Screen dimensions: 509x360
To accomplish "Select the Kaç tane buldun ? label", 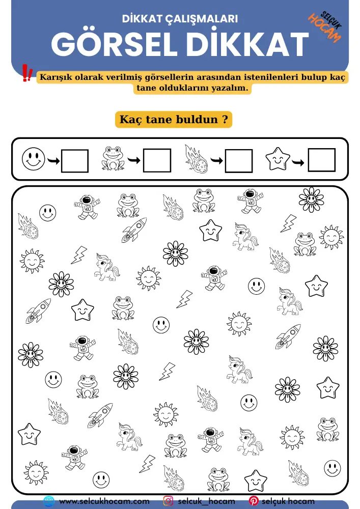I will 173,120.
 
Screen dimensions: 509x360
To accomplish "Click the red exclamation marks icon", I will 27,73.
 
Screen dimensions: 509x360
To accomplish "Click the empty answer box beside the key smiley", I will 75,161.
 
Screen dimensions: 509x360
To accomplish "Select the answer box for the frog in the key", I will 157,161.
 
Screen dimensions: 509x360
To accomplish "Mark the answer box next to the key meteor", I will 239,161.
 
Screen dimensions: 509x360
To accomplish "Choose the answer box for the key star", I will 322,161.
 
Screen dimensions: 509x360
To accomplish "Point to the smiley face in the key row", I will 34,159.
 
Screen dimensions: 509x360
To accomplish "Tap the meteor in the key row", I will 197,158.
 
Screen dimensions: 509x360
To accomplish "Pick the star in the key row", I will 278,159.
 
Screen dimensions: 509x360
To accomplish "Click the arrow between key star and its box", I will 299,162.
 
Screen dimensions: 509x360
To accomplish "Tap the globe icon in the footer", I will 49,501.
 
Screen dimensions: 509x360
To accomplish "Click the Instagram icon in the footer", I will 168,501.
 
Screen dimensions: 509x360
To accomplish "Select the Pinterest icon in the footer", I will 253,501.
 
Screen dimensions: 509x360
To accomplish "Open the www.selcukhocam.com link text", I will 104,501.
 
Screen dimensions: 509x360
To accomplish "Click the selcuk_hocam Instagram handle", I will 206,501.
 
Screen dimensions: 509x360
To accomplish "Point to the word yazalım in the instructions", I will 229,88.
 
